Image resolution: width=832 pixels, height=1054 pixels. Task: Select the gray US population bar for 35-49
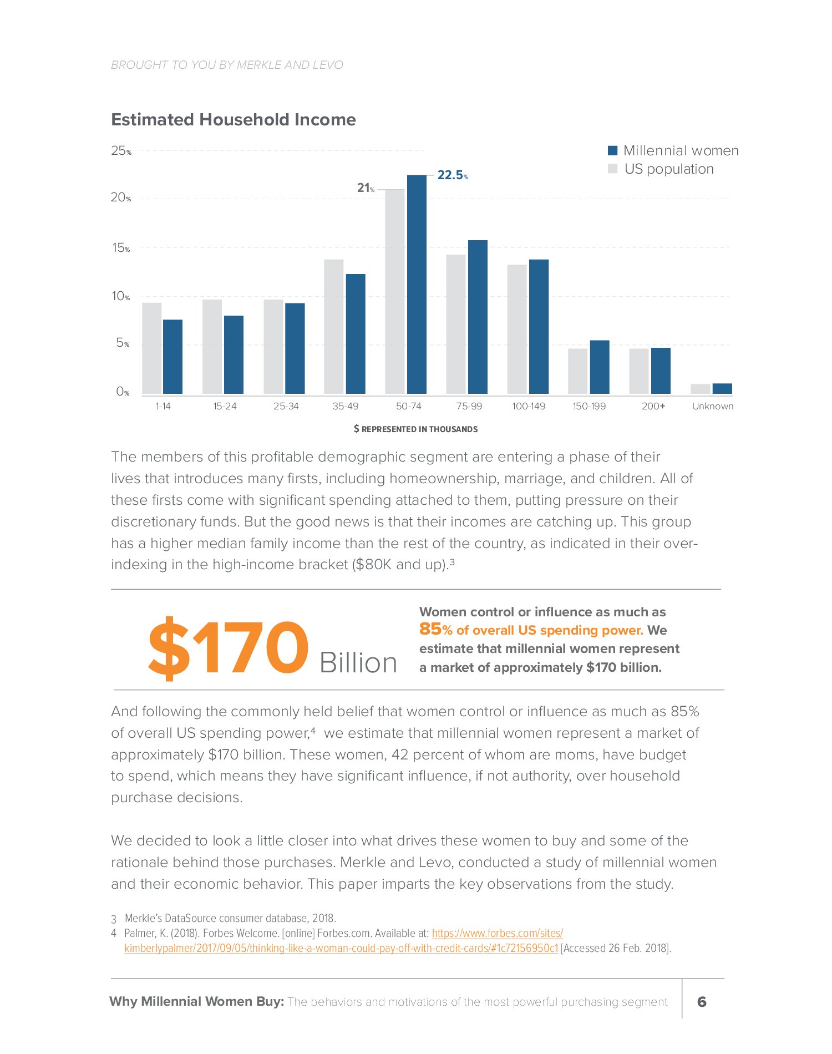coord(334,327)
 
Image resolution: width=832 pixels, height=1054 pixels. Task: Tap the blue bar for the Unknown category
coord(722,388)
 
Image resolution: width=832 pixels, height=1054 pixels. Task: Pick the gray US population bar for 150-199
coord(577,371)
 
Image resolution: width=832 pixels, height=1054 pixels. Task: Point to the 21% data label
coord(366,189)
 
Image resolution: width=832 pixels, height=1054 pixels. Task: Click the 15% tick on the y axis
coord(121,248)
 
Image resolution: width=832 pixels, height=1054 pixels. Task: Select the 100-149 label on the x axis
coord(529,406)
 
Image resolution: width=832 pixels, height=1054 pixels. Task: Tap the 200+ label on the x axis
coord(653,406)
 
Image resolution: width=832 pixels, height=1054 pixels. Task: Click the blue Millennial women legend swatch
coord(613,151)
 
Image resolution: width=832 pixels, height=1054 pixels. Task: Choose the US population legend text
coord(669,169)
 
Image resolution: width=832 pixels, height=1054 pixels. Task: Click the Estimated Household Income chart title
coord(234,120)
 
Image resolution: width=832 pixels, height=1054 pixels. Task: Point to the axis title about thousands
coord(416,429)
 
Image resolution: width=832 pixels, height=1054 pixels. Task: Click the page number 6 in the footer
coord(702,1001)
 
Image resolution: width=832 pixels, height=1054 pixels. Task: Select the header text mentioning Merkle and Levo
coord(227,65)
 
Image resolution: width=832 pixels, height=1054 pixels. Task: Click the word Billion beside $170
coord(358,662)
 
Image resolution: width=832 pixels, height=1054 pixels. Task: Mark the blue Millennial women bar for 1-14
coord(173,357)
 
